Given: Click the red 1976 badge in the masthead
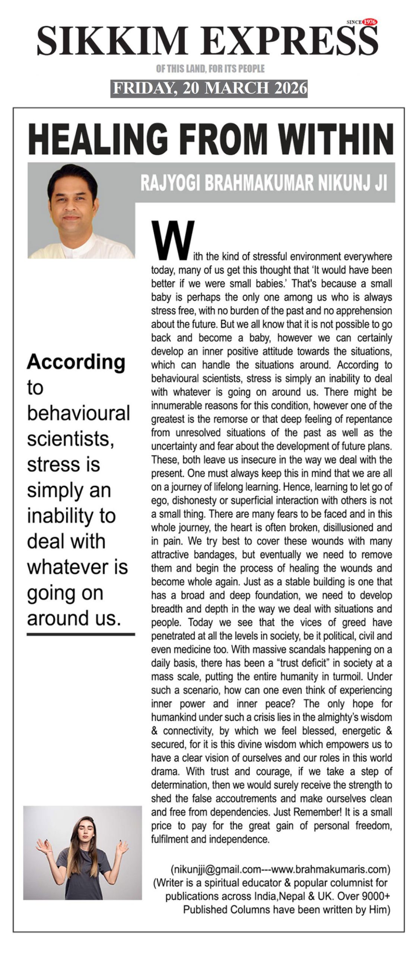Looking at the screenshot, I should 369,22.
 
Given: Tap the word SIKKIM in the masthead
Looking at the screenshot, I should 112,41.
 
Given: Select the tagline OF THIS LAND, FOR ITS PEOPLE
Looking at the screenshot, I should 210,68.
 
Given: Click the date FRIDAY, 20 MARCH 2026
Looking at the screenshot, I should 209,88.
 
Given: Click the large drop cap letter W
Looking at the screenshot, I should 173,240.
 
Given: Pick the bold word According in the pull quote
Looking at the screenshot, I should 76,362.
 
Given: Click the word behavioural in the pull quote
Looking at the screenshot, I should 78,413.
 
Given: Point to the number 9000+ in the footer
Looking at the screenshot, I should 372,896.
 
